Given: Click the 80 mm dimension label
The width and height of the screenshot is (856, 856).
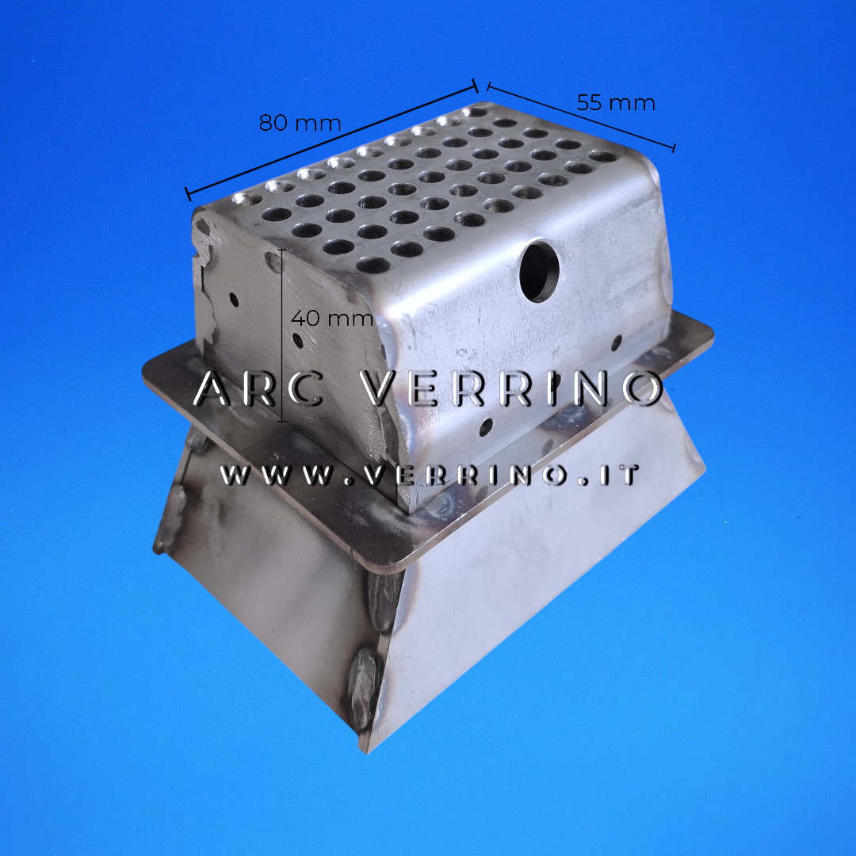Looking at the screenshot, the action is point(300,123).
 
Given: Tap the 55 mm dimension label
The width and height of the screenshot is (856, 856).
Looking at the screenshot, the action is point(616,102).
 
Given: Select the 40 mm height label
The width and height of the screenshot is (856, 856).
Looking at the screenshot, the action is point(332,318).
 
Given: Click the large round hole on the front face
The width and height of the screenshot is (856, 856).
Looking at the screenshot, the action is point(539,271).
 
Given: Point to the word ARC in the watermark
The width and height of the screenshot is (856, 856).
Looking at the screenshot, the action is point(258,388).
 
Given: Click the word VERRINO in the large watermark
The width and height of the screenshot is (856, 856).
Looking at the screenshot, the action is point(513,388).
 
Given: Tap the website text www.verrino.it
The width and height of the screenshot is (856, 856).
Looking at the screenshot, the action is point(430,475).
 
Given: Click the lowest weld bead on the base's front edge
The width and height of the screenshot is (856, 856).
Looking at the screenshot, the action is point(362,689).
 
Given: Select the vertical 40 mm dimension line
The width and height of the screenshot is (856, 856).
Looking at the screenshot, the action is point(281,335).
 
